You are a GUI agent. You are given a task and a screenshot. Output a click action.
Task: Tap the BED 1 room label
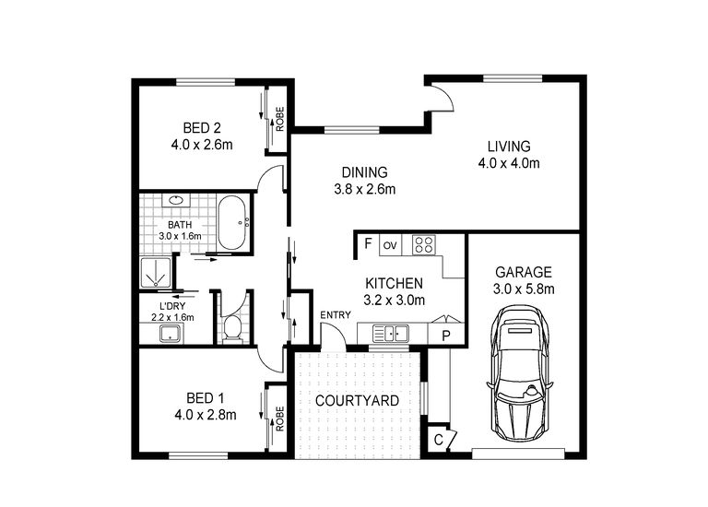tap(205, 398)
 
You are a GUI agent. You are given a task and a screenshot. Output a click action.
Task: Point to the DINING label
tap(364, 172)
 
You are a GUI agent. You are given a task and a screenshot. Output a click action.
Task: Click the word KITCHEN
tap(394, 283)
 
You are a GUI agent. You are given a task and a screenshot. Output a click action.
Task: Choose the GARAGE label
tap(523, 272)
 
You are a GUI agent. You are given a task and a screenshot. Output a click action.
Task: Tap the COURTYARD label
tap(357, 401)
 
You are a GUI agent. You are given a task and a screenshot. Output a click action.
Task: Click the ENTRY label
tap(335, 315)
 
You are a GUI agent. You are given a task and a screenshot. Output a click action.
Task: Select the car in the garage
tap(521, 373)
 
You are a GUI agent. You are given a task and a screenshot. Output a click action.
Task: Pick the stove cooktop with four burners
tap(424, 245)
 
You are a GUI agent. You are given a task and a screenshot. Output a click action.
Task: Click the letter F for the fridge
tap(367, 244)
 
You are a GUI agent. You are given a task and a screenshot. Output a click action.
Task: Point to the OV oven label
tap(389, 245)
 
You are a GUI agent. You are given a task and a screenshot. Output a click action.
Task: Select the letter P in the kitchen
tap(445, 336)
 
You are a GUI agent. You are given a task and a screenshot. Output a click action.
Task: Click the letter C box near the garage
tap(438, 441)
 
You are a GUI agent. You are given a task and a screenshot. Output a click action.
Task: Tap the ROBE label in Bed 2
tap(279, 118)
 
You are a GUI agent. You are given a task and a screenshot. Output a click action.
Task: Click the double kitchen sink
tap(394, 334)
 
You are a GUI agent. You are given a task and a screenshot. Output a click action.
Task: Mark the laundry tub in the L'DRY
tap(170, 334)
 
